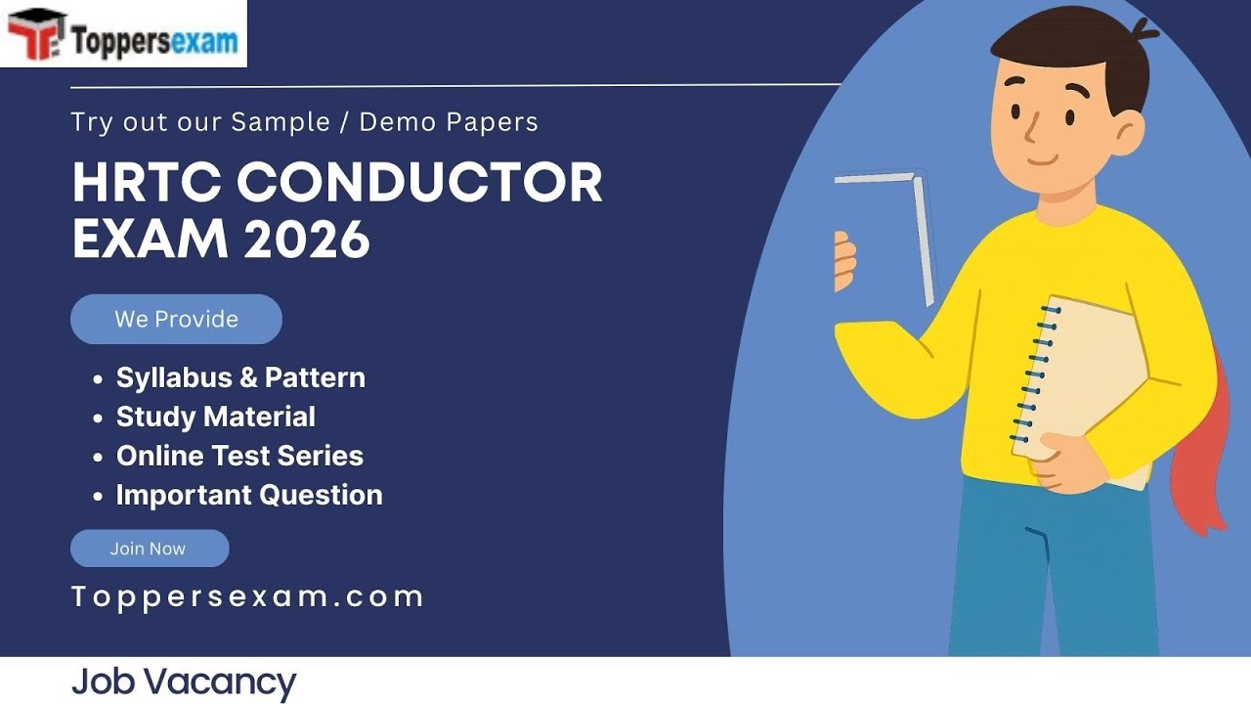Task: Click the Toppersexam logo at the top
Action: [x=123, y=34]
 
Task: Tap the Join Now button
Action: [x=149, y=549]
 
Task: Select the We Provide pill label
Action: [x=176, y=319]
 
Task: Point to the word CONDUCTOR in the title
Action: [x=419, y=182]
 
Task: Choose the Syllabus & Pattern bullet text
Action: [x=240, y=377]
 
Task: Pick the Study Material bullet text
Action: [x=215, y=417]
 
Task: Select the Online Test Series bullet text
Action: [x=239, y=456]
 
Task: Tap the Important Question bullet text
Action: [x=249, y=495]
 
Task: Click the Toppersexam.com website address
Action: [x=247, y=596]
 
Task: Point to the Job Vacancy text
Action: [x=183, y=682]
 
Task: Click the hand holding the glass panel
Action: [x=844, y=262]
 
